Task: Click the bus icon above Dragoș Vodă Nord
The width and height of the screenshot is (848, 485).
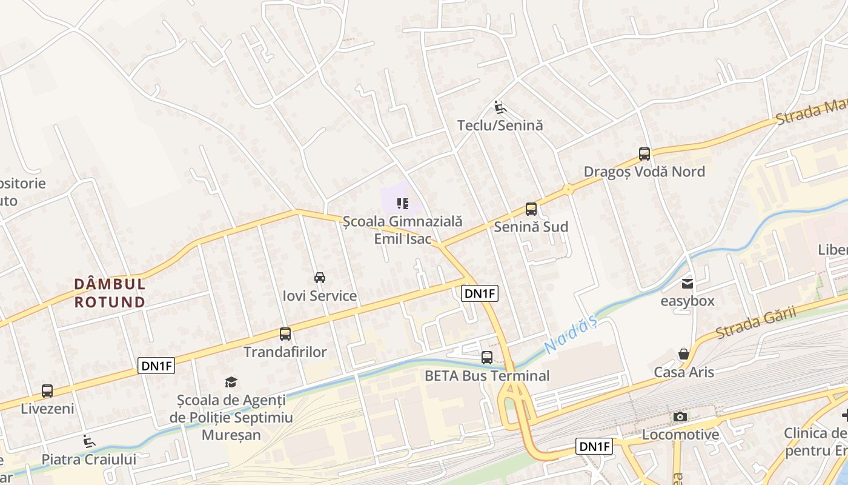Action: point(644,154)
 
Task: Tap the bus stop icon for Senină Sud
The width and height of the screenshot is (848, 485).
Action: point(531,209)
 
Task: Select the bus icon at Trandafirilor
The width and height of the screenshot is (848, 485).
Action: point(285,334)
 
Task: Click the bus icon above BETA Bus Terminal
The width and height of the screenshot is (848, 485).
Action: point(487,358)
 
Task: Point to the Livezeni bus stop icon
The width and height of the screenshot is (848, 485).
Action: point(47,391)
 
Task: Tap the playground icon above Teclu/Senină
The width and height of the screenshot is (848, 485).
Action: point(500,107)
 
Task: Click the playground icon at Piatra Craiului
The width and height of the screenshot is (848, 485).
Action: point(89,441)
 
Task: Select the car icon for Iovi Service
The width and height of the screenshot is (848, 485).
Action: point(320,278)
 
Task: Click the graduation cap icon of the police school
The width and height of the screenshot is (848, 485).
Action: point(231,382)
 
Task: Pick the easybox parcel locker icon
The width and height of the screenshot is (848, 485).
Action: point(687,283)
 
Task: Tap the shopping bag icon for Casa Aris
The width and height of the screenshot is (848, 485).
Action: point(684,354)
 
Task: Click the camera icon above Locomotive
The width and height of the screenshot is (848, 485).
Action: point(680,416)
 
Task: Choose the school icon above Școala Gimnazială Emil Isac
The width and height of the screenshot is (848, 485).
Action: point(403,204)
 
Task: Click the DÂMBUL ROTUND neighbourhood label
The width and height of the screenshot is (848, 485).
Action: point(110,292)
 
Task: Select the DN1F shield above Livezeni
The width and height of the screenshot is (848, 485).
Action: point(156,366)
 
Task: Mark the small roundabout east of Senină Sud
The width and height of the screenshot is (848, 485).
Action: point(568,190)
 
